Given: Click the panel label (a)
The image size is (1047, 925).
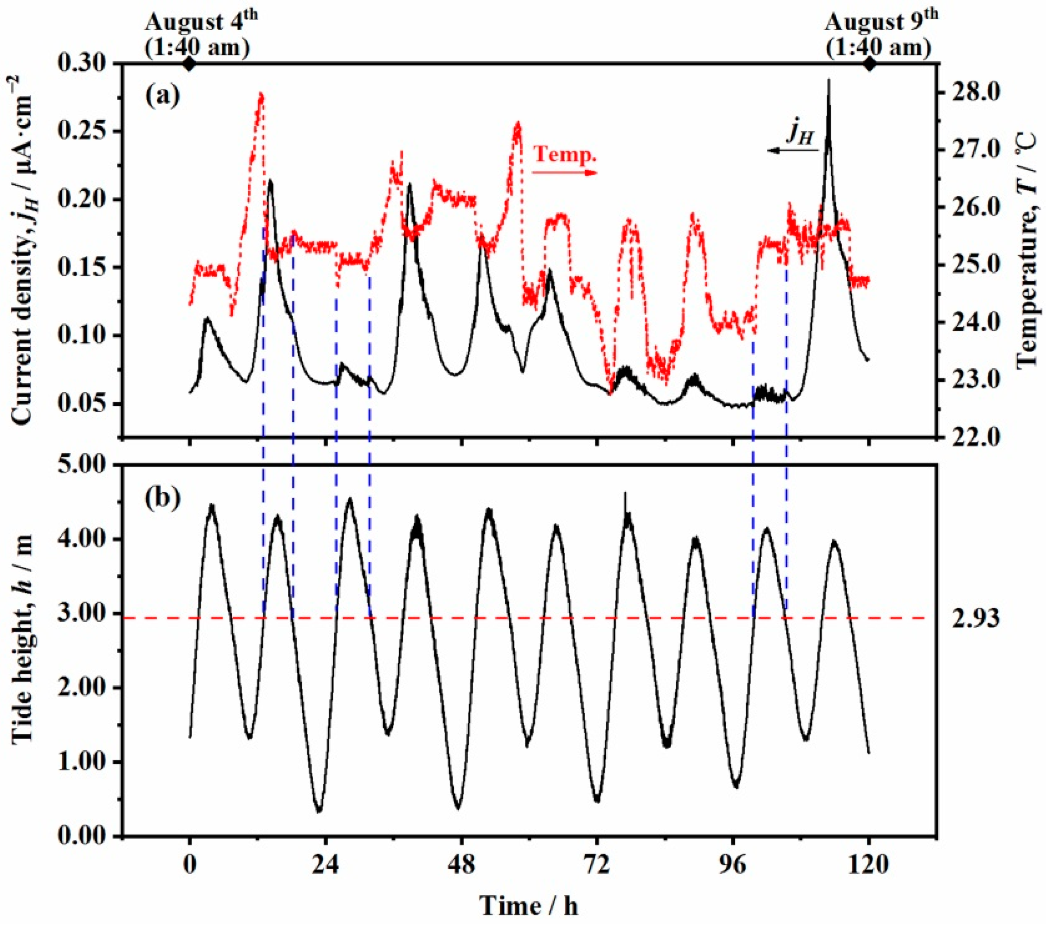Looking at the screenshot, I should [162, 96].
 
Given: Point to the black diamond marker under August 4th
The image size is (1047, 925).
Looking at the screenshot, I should [190, 64].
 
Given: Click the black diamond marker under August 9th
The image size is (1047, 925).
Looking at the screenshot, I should [869, 64].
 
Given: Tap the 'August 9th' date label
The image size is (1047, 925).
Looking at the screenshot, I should [881, 23].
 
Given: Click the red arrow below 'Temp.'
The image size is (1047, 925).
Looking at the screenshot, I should [565, 173].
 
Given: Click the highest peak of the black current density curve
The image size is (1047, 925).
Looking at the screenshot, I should [829, 80].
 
